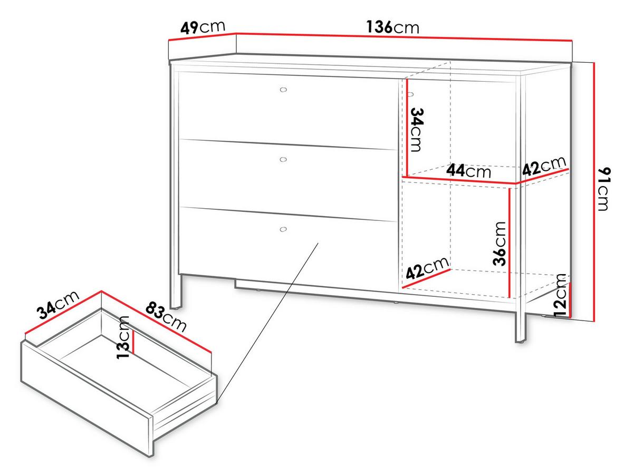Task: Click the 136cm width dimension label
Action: [392, 27]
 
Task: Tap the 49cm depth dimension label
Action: [203, 27]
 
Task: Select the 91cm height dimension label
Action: [604, 189]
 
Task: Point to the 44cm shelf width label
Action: [468, 171]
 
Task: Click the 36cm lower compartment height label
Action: [499, 244]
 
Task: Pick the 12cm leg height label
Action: [560, 295]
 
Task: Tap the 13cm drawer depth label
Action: [123, 337]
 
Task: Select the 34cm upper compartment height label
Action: [417, 130]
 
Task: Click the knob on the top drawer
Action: [283, 90]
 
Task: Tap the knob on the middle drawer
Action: [283, 159]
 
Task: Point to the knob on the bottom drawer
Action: [283, 229]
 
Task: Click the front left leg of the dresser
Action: [176, 291]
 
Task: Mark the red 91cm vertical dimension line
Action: [594, 192]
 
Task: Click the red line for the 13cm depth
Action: [133, 342]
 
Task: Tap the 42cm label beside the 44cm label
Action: [544, 166]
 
